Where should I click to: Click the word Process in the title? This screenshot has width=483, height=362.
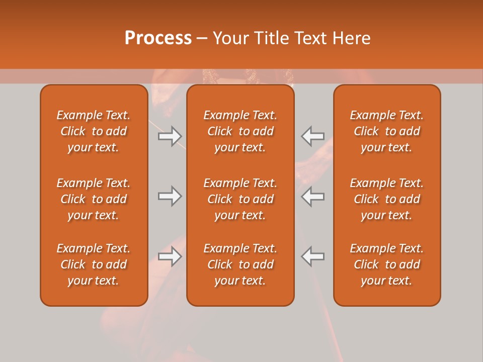click(158, 38)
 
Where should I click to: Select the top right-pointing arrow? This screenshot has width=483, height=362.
click(170, 136)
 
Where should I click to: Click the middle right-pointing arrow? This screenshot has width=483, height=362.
click(170, 196)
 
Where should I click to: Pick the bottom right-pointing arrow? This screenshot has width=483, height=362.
click(170, 256)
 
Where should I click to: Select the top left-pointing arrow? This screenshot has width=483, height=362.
click(313, 136)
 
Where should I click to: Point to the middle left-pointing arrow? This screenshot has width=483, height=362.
click(313, 196)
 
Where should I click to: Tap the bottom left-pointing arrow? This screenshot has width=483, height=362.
click(313, 256)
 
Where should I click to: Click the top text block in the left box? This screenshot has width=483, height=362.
click(94, 131)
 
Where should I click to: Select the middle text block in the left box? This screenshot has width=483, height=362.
click(94, 199)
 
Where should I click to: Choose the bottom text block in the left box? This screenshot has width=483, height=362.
click(94, 264)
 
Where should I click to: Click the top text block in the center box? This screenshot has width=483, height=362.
click(240, 131)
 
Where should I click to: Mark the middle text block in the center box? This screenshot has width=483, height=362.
click(240, 199)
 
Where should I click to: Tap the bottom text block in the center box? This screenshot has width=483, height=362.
click(240, 264)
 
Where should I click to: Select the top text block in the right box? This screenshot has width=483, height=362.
click(386, 131)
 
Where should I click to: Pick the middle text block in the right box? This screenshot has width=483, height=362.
click(386, 199)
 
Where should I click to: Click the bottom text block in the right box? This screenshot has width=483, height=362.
click(386, 264)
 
